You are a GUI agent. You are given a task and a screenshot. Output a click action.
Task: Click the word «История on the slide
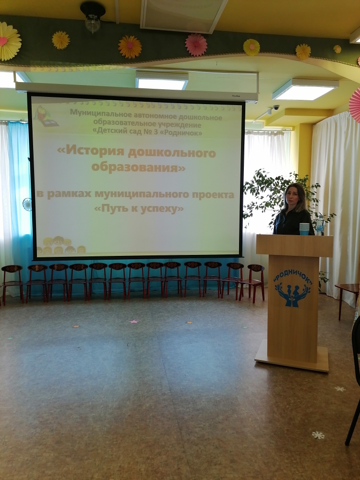click(90, 152)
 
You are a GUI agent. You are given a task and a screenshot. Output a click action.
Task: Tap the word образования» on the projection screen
click(138, 167)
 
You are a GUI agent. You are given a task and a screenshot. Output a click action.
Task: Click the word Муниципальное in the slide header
click(101, 112)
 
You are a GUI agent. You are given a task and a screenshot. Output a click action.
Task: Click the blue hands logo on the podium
click(293, 295)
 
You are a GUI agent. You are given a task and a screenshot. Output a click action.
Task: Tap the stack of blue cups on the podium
click(304, 228)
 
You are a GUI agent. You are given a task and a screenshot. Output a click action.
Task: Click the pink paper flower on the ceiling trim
click(196, 45)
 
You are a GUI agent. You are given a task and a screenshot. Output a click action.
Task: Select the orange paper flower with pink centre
click(130, 47)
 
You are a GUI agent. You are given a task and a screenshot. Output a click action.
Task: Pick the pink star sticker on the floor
click(133, 322)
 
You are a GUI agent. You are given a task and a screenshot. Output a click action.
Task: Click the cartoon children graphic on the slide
click(60, 245)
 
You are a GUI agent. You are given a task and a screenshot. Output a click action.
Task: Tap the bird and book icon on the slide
click(46, 116)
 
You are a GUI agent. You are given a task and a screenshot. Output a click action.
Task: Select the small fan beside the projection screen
click(27, 204)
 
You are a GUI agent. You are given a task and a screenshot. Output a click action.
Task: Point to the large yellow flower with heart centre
click(10, 41)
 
